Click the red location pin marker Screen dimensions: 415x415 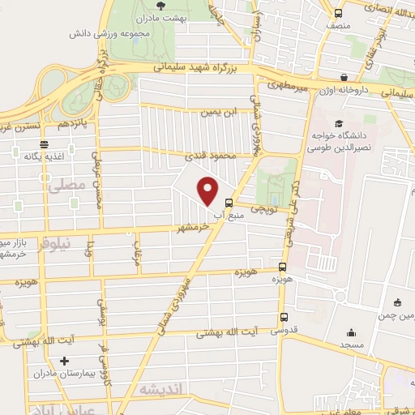coord(208,190)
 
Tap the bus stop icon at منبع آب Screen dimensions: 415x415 coord(229,203)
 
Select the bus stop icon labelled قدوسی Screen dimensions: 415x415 coord(283,318)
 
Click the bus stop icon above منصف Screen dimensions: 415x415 coord(338,13)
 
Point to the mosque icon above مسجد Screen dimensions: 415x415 coord(351,332)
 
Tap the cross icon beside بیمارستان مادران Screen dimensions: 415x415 coord(64,361)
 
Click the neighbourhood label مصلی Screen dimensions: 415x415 coord(66,186)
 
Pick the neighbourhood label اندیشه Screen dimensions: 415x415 coord(162,389)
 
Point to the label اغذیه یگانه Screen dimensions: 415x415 coord(44,156)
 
